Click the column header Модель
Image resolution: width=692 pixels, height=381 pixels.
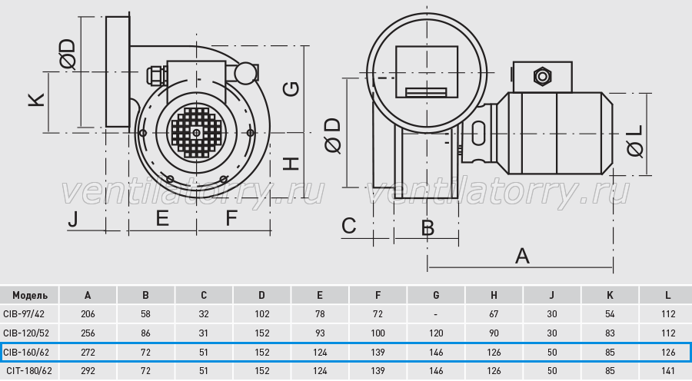tap(29, 295)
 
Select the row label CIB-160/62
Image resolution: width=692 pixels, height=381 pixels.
tap(26, 353)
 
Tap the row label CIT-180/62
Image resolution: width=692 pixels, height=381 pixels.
tap(28, 371)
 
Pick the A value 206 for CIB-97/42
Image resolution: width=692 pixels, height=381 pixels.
tap(88, 314)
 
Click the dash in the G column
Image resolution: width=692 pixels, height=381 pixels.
tap(436, 314)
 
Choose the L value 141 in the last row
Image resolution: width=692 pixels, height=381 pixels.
tap(668, 371)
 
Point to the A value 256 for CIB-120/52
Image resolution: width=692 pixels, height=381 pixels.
tap(88, 333)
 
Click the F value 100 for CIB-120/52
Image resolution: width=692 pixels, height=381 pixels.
tap(378, 333)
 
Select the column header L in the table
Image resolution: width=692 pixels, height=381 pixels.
tap(667, 295)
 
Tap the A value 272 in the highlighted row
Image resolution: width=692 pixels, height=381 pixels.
tap(88, 353)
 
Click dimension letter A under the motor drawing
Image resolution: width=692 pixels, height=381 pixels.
tap(522, 256)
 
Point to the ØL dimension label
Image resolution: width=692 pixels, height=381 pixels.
tap(636, 141)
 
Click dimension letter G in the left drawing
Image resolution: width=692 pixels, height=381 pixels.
tap(291, 89)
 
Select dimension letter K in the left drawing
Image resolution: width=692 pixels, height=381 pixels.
tap(37, 100)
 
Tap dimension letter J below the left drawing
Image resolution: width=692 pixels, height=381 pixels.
tap(73, 219)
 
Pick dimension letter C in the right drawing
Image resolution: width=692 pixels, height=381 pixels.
tap(348, 226)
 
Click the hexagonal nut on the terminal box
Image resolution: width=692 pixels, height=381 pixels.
tap(542, 77)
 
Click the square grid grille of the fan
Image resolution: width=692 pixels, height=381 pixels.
tap(196, 132)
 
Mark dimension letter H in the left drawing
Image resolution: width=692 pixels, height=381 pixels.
tap(291, 164)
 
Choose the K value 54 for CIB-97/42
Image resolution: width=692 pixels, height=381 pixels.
tap(610, 314)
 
